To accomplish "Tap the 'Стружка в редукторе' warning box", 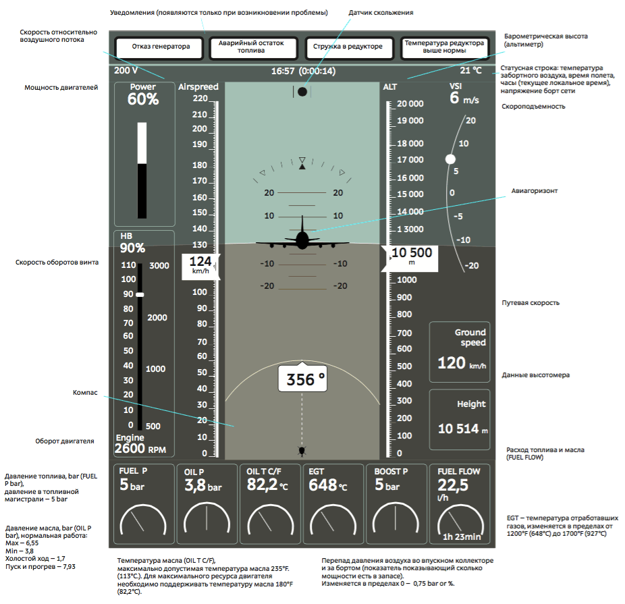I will [x=348, y=47].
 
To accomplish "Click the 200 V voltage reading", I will [x=126, y=71].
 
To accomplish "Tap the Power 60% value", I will [x=143, y=99].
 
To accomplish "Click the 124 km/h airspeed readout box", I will [x=200, y=264].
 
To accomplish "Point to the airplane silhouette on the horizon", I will [x=302, y=238].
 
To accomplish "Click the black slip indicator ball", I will [x=302, y=91].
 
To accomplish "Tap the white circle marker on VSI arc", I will [x=450, y=159].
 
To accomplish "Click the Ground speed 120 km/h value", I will [x=461, y=364].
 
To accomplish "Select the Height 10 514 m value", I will [x=462, y=429].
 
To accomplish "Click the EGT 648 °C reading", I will [x=328, y=486].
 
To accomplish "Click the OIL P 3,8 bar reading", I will [x=202, y=486].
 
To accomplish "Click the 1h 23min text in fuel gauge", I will [x=462, y=537].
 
